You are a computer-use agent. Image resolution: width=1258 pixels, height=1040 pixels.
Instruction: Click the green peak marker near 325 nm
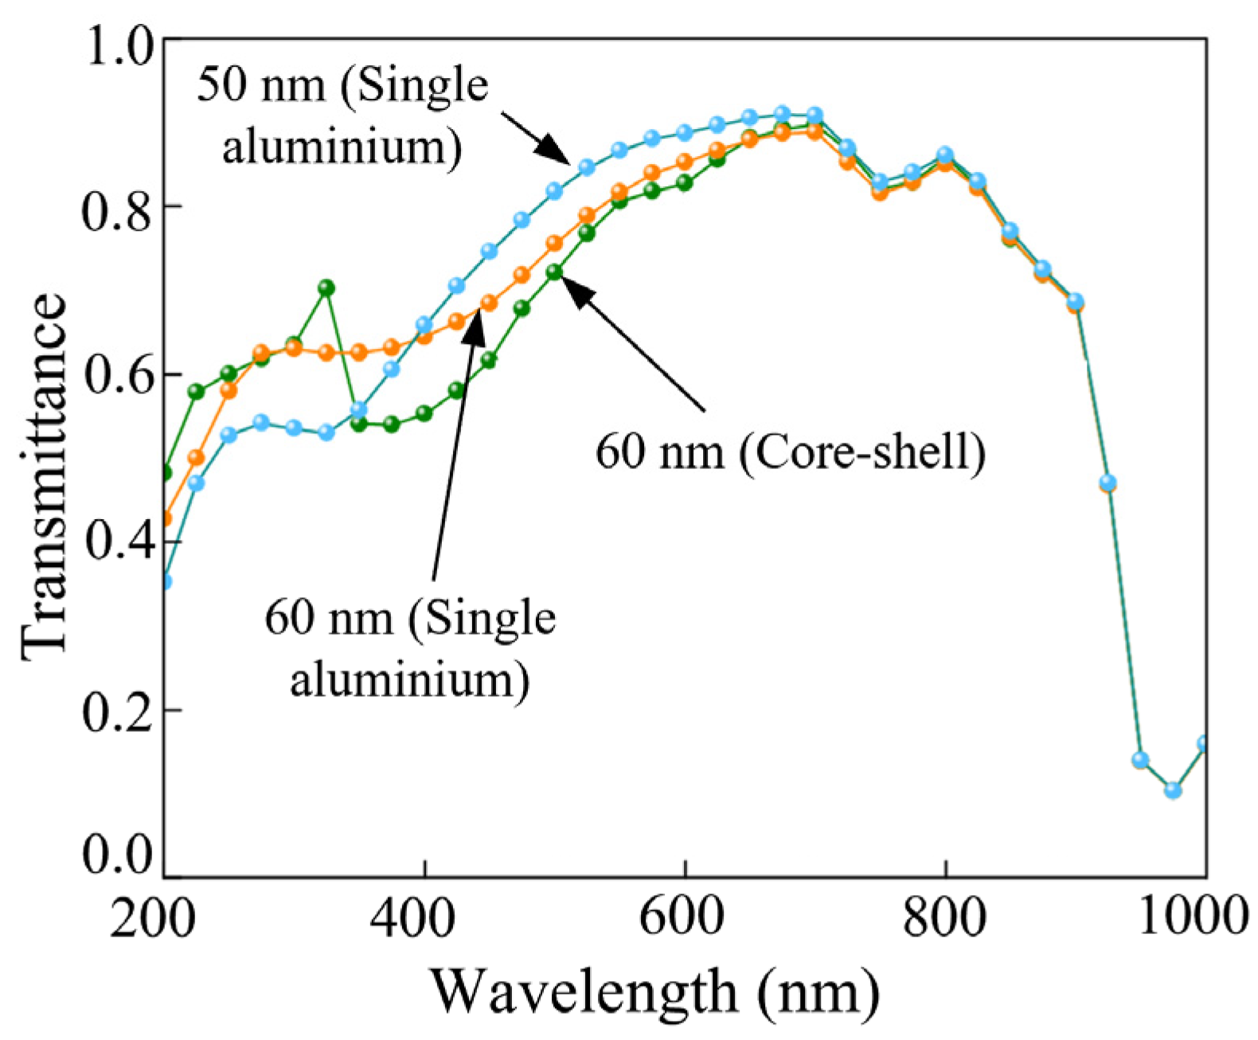326,287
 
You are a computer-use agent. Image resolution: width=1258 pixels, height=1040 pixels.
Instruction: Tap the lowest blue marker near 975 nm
1172,790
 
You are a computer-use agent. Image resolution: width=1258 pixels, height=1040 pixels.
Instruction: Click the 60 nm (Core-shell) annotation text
790,452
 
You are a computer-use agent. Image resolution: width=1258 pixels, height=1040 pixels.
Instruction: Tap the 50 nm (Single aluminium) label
342,116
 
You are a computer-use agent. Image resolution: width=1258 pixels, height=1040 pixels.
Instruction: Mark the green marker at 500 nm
554,272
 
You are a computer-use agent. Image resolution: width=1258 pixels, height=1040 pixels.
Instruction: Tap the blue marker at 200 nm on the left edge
165,582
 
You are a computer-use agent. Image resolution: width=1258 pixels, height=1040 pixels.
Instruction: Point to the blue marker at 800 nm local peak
945,154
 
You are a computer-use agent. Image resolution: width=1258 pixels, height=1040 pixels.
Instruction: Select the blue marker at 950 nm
1140,760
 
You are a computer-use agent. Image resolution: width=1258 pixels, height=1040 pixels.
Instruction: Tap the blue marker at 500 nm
554,191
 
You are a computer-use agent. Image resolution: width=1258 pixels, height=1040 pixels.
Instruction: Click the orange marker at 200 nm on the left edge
166,519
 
